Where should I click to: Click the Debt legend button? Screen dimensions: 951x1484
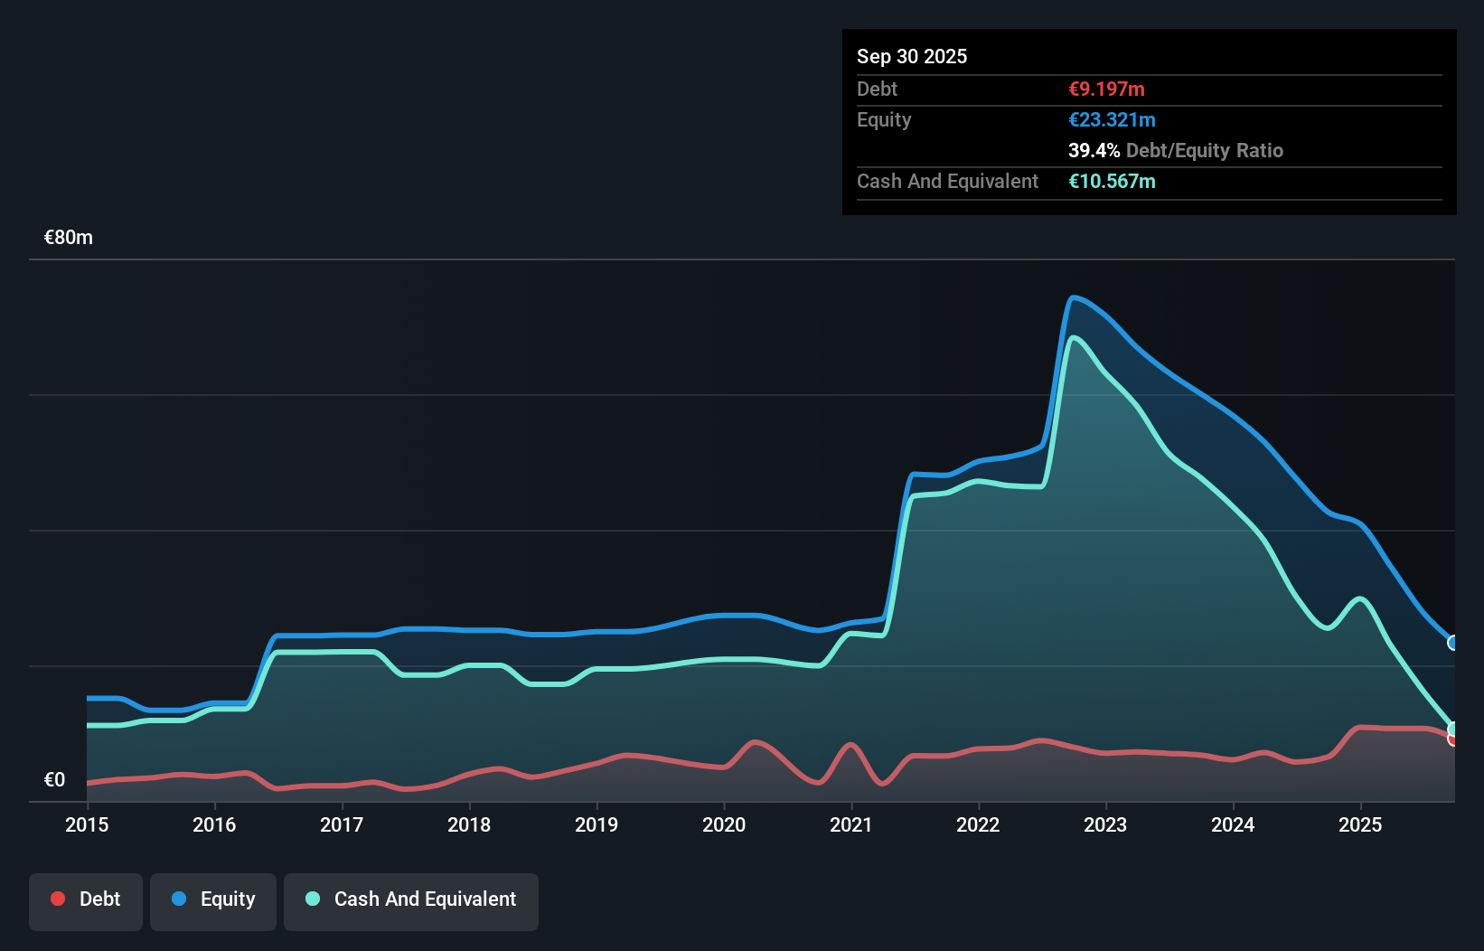tap(85, 899)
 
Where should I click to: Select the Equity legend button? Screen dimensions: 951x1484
tap(213, 899)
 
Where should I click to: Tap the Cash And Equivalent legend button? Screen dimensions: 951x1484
tap(411, 899)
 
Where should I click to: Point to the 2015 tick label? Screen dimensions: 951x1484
tap(87, 824)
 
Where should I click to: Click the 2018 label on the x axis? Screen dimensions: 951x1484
tap(469, 824)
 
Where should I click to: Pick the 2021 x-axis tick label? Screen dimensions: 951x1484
tap(851, 824)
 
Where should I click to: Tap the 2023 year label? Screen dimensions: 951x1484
tap(1105, 824)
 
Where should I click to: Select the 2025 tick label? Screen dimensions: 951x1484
tap(1360, 824)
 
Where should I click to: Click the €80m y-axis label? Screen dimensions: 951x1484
tap(69, 238)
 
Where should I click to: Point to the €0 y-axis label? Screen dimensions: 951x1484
tap(54, 780)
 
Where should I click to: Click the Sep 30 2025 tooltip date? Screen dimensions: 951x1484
tap(912, 57)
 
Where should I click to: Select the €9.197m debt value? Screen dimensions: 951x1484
tap(1106, 89)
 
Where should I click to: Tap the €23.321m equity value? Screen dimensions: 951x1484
tap(1112, 120)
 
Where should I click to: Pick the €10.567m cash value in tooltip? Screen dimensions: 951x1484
tap(1112, 182)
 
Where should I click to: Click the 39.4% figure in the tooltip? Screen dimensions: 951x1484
tap(1094, 151)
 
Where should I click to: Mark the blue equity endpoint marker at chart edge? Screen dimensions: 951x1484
tap(1453, 643)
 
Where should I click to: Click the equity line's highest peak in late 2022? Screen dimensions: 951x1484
tap(1072, 297)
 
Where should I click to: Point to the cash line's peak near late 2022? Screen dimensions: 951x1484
tap(1073, 338)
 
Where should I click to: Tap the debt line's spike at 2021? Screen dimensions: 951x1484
tap(850, 745)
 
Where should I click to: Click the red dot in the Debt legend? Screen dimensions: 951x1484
tap(58, 899)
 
